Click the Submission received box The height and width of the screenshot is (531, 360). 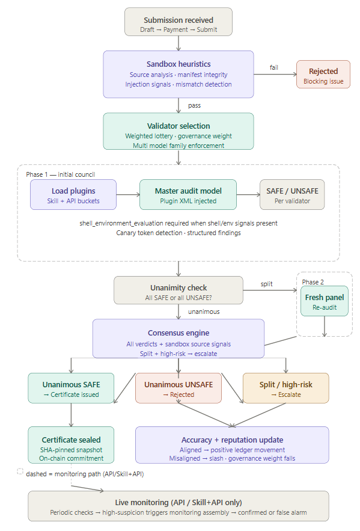(x=178, y=21)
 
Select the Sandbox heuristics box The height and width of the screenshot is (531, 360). (x=178, y=74)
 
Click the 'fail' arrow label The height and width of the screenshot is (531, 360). (x=273, y=67)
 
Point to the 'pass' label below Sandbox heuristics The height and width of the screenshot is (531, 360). (x=194, y=105)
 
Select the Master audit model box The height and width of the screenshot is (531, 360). (x=188, y=194)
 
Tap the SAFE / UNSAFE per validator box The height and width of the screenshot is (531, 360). (x=291, y=194)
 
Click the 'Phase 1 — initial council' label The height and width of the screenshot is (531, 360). (x=60, y=174)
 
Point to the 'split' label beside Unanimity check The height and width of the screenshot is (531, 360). (x=266, y=283)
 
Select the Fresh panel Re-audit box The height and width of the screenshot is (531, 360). (x=324, y=301)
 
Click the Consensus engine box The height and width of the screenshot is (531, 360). (x=178, y=339)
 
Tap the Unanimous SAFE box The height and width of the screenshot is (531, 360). (x=71, y=388)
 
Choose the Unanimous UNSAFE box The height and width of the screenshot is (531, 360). (x=178, y=388)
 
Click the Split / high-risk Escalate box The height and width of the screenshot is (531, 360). (x=285, y=388)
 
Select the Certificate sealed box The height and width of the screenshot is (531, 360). (x=71, y=445)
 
